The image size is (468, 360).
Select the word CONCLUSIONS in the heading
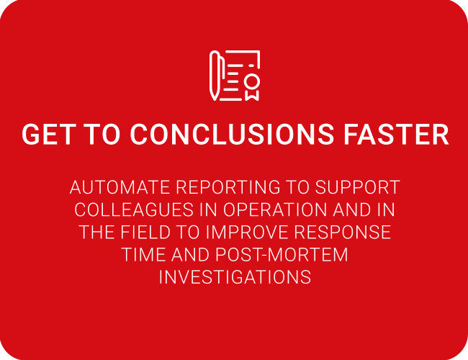click(232, 135)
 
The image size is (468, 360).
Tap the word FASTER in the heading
click(396, 135)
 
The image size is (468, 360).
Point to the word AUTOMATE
click(120, 187)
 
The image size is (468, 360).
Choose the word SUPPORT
click(357, 187)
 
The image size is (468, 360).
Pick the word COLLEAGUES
click(134, 210)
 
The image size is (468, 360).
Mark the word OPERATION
click(275, 210)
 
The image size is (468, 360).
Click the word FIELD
click(145, 233)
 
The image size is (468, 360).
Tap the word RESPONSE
click(343, 233)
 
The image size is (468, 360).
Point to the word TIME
click(144, 255)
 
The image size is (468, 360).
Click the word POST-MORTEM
click(282, 255)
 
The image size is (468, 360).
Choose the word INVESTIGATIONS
click(235, 277)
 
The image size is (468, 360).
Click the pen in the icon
click(215, 75)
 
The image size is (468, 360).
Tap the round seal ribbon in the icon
click(252, 87)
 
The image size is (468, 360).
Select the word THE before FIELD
click(97, 233)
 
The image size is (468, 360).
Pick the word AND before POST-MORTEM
click(190, 255)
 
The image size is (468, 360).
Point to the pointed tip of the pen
click(215, 99)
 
